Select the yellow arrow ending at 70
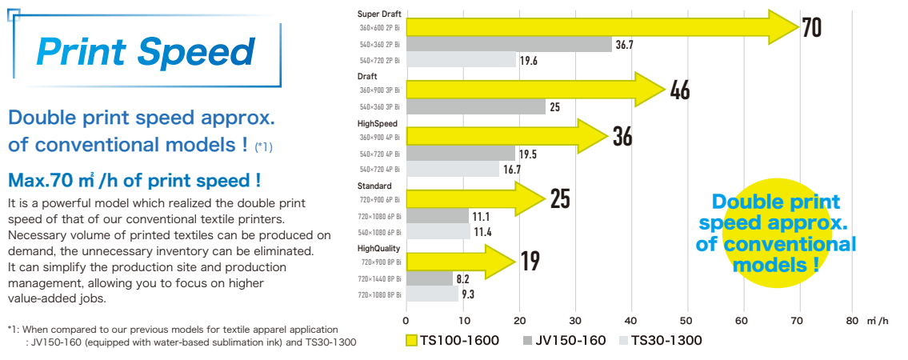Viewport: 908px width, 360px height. [600, 28]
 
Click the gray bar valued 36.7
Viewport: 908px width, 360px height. [509, 44]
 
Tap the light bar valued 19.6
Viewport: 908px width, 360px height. [462, 60]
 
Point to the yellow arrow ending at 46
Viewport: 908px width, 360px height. [536, 90]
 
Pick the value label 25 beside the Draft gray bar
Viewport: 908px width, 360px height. [554, 106]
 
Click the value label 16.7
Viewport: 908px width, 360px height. [511, 169]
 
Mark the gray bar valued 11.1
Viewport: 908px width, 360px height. [438, 216]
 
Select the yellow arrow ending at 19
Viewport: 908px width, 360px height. [460, 261]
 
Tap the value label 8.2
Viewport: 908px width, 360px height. [462, 278]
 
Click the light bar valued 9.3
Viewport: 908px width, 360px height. [433, 294]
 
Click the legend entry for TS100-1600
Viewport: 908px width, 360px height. [452, 341]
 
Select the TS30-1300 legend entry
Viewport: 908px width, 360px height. [660, 341]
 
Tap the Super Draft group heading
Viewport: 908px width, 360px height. [379, 14]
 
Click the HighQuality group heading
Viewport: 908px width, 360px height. [378, 249]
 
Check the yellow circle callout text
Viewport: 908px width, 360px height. [775, 234]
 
